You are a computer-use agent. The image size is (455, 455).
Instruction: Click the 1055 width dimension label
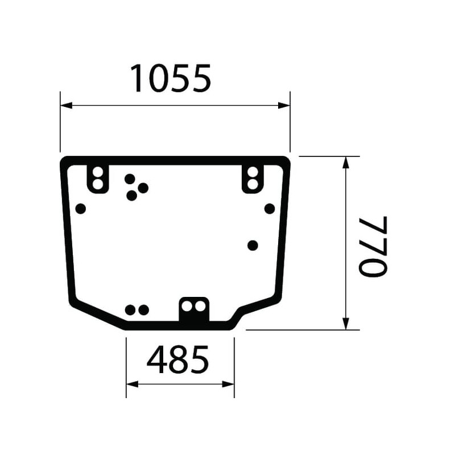171,78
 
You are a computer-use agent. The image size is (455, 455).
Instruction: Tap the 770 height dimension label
373,246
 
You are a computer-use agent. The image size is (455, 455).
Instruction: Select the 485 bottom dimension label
177,359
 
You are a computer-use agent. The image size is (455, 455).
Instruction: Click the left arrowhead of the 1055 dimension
66,105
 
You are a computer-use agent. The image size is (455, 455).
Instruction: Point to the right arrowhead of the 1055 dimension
284,105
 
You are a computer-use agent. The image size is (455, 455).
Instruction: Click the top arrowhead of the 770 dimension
345,162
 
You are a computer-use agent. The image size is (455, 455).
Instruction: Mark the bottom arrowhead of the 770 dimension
345,324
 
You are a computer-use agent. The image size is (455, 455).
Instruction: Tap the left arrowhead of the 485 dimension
133,384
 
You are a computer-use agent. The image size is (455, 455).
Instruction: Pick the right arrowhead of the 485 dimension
228,384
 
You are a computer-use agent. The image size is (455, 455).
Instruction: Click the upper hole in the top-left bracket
98,172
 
